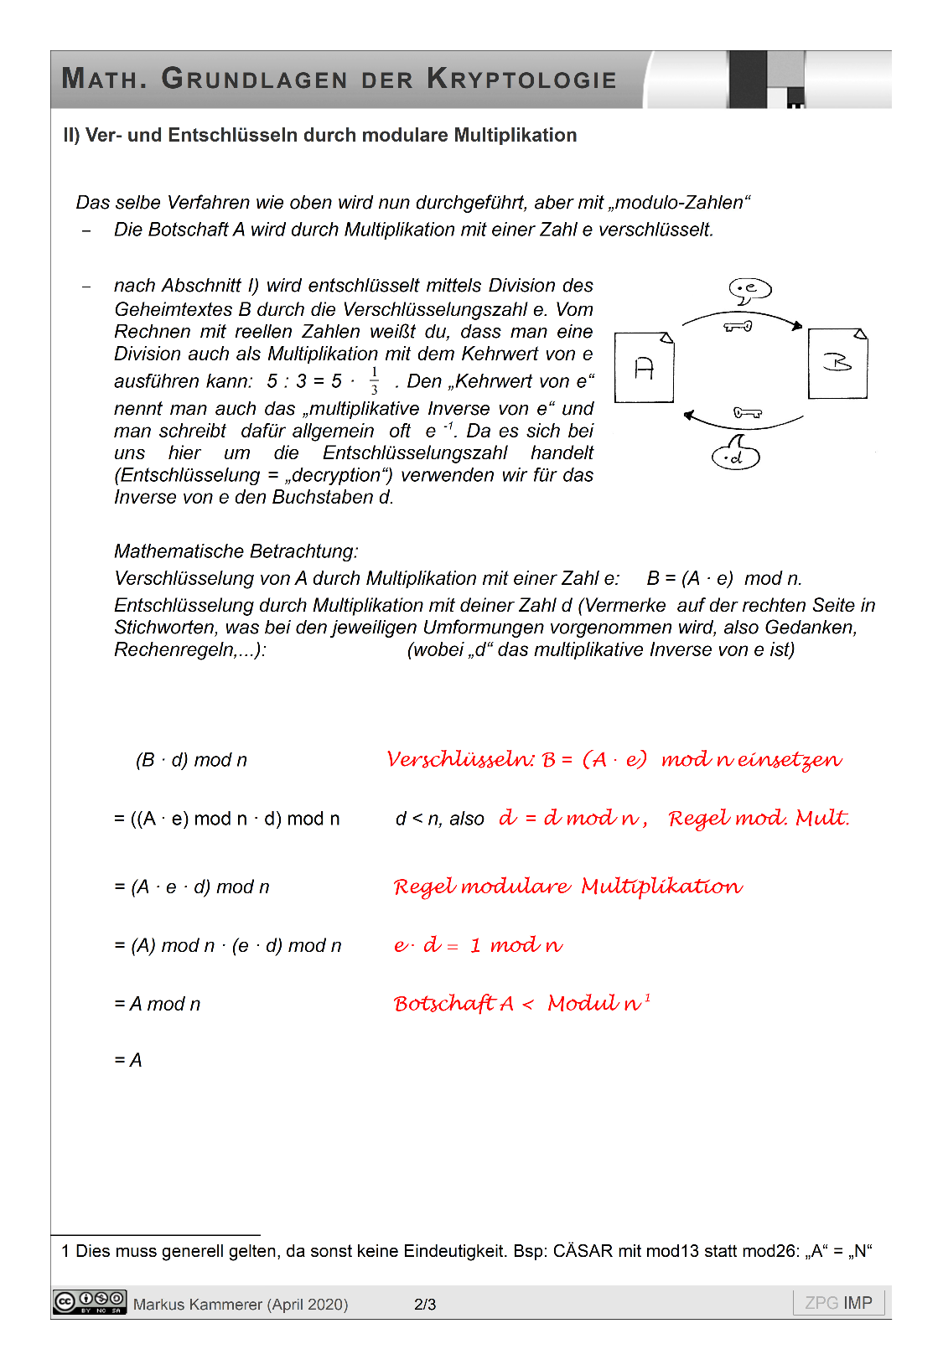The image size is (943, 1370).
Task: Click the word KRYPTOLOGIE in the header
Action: click(521, 80)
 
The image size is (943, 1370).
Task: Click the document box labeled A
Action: click(644, 368)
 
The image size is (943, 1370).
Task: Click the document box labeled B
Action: click(837, 364)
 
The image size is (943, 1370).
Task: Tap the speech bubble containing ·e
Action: click(749, 289)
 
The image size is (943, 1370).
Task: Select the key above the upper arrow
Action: click(738, 326)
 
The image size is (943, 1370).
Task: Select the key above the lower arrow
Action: click(747, 412)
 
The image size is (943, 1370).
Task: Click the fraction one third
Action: click(374, 380)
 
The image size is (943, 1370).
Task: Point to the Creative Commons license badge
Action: click(90, 1302)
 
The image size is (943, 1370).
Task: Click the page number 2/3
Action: click(425, 1305)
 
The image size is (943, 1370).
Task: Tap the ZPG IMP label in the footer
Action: click(838, 1303)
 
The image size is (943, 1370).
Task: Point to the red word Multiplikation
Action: click(661, 887)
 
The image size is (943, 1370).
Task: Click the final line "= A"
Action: click(128, 1060)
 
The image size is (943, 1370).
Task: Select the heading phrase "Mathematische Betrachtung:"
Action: click(236, 551)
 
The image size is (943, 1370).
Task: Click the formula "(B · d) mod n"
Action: click(192, 760)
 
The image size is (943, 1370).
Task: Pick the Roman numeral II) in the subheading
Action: click(71, 136)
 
